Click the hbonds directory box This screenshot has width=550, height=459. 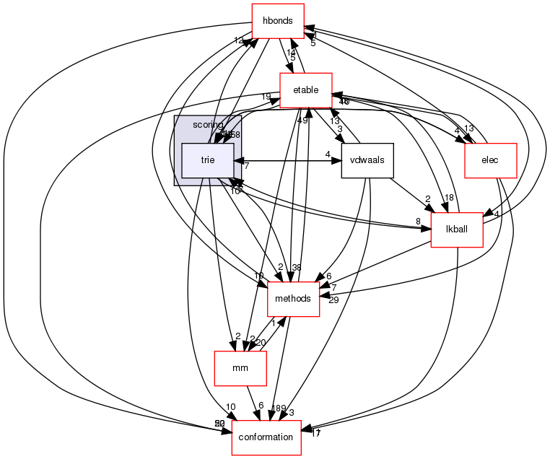click(x=277, y=21)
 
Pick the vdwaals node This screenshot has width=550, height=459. click(x=367, y=160)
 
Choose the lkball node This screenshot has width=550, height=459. click(x=455, y=229)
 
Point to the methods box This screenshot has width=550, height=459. click(x=293, y=299)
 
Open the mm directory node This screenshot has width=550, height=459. click(x=240, y=368)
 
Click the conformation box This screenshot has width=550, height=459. click(x=266, y=437)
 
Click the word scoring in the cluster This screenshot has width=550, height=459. click(x=209, y=125)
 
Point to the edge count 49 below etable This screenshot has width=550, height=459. click(x=302, y=121)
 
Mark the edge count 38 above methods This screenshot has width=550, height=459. click(x=296, y=268)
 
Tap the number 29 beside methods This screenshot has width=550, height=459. click(x=333, y=300)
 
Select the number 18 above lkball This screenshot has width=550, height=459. click(x=449, y=198)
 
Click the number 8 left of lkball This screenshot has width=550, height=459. click(x=417, y=222)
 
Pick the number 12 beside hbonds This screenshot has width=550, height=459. click(x=239, y=40)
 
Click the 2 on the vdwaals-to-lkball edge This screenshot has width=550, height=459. click(x=427, y=198)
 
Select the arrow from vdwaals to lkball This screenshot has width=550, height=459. click(x=410, y=195)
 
